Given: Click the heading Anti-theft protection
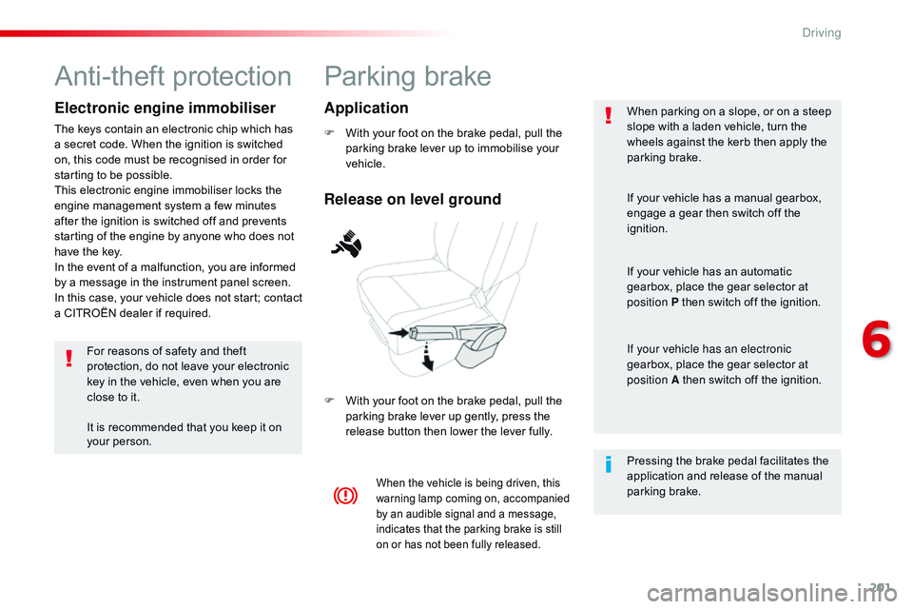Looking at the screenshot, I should tap(173, 76).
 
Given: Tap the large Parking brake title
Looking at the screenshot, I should tap(408, 76).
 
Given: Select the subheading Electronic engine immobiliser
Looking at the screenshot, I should tap(165, 108).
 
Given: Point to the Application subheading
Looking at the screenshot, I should tap(366, 108).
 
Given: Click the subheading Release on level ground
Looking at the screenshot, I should tap(412, 199).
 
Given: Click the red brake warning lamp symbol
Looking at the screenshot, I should tap(345, 496).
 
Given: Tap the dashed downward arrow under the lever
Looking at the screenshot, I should tap(428, 359).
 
